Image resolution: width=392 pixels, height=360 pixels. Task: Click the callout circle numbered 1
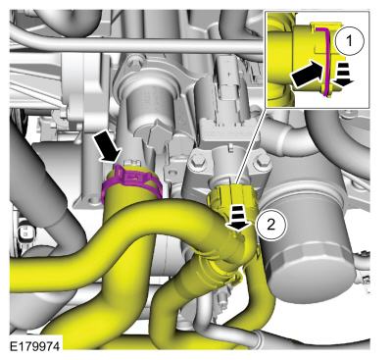349,41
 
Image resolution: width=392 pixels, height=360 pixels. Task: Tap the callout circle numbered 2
271,225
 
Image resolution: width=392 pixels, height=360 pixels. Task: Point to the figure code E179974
35,346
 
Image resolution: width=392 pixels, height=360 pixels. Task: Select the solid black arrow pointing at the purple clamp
106,147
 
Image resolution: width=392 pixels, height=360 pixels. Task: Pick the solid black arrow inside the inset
306,74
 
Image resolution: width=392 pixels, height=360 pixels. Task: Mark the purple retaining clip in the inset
323,61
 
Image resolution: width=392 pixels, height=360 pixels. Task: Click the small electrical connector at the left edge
24,232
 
